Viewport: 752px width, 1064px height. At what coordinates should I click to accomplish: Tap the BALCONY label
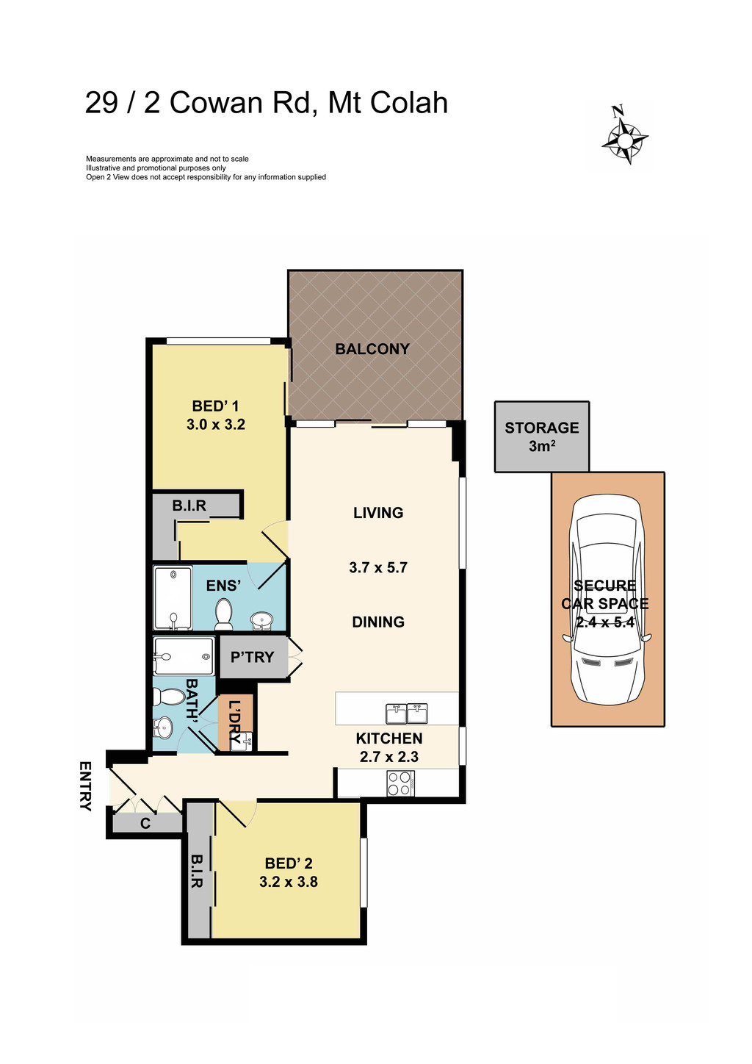(x=372, y=349)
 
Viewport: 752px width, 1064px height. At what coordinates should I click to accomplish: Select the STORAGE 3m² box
(x=542, y=436)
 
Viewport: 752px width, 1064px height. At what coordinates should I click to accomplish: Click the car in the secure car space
(x=607, y=599)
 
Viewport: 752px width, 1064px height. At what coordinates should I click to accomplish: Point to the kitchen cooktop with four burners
(x=401, y=783)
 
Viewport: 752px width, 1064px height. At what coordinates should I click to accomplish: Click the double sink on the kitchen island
(x=406, y=713)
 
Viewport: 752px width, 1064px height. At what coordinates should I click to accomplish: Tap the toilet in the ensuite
(x=224, y=614)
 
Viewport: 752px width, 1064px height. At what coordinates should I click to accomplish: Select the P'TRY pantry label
(x=252, y=658)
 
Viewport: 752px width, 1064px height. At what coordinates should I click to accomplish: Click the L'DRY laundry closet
(x=235, y=723)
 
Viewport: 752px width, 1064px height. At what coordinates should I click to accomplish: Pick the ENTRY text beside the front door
(x=85, y=786)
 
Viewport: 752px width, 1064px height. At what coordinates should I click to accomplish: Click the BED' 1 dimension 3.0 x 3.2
(x=216, y=425)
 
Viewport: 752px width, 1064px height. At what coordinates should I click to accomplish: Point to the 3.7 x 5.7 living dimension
(x=378, y=568)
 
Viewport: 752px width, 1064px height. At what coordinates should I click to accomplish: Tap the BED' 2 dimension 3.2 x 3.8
(x=289, y=882)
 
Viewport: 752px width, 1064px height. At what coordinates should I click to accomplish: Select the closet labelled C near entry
(x=145, y=824)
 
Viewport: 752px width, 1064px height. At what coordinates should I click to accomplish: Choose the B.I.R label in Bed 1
(x=189, y=506)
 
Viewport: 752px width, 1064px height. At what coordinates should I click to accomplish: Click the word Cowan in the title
(x=217, y=103)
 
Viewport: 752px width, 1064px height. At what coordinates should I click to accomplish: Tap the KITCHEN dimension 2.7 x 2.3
(x=389, y=757)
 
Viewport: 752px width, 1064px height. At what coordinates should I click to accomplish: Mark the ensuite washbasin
(x=261, y=622)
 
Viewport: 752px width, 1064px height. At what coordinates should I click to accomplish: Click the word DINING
(x=378, y=622)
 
